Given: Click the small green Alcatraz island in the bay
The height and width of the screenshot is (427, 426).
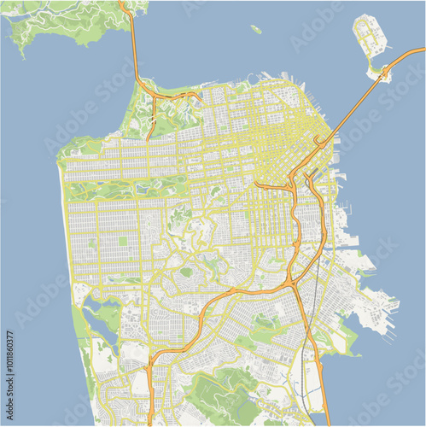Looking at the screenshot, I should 256,29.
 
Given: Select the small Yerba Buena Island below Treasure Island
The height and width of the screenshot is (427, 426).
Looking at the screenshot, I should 376,74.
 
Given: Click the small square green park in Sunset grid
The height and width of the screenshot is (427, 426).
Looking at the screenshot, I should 122,241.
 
